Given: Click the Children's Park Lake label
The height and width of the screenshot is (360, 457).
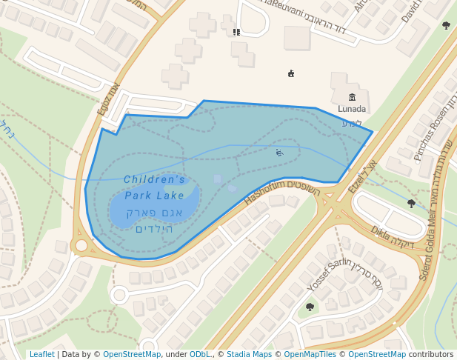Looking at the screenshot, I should click(x=154, y=187).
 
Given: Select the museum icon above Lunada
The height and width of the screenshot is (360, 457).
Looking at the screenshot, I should click(x=352, y=97).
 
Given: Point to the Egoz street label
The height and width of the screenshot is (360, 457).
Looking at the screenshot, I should click(x=108, y=99).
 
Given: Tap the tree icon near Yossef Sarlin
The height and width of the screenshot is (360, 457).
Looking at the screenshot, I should click(x=310, y=307).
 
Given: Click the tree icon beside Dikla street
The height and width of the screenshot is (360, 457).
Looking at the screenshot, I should click(x=411, y=203).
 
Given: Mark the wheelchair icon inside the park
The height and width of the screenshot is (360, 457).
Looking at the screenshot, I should click(x=279, y=153).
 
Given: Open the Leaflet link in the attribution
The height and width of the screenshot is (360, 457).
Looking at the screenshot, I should click(x=41, y=354).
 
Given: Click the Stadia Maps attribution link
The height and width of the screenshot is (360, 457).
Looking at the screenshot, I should click(x=249, y=354).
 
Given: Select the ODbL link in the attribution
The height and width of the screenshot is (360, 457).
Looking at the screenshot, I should click(x=200, y=354).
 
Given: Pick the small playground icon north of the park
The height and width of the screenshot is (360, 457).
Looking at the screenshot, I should click(x=291, y=73).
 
